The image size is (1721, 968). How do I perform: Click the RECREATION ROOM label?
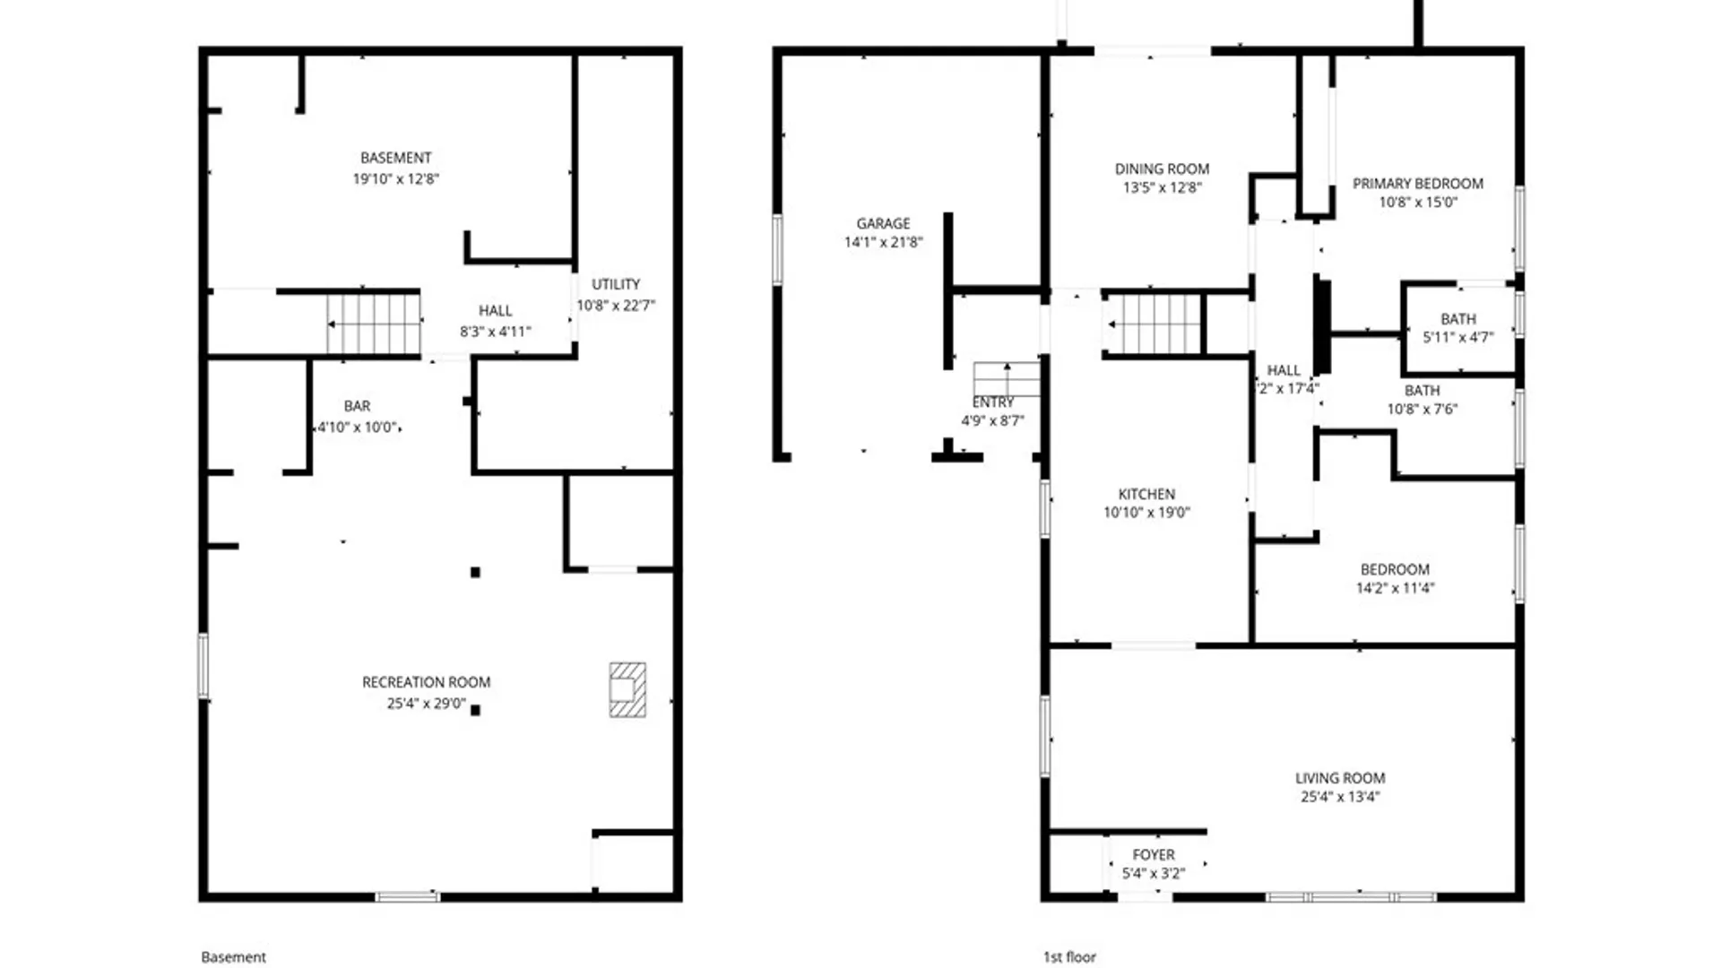[426, 682]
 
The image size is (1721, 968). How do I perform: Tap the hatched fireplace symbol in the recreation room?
[627, 689]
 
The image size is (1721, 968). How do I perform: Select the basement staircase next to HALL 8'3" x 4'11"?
[374, 324]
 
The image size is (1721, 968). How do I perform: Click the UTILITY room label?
[616, 284]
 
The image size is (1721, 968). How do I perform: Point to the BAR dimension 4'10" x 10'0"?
[357, 428]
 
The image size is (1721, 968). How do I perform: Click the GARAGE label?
[883, 223]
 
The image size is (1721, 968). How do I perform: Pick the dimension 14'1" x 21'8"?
[883, 242]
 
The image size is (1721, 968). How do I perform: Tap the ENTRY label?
[993, 402]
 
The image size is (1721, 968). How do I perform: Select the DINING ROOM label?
[1162, 169]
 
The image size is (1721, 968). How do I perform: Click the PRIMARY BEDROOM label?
[1417, 184]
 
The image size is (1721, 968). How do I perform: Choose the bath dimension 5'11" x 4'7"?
[1457, 338]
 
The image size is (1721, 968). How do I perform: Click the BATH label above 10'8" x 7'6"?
[1422, 391]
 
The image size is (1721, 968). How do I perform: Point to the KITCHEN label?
[1146, 494]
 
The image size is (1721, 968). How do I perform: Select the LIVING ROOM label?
[1339, 778]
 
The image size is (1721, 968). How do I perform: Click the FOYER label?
[1153, 855]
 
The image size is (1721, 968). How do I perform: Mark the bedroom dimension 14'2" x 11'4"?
[1395, 588]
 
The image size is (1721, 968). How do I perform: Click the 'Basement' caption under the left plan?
[233, 957]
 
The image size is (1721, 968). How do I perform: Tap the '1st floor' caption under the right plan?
[1069, 957]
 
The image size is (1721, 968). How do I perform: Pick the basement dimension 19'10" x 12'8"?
[395, 178]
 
